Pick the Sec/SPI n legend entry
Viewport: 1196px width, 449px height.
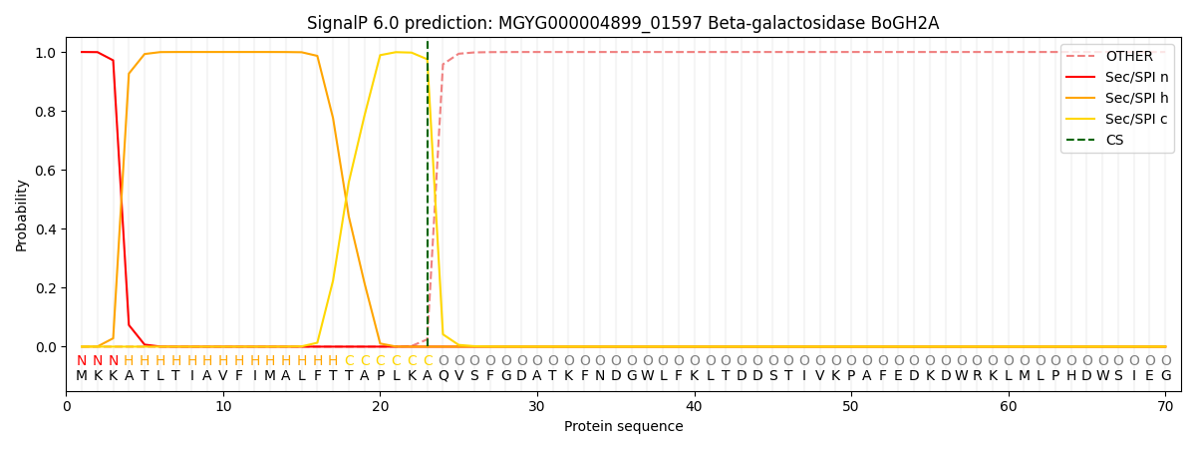click(1136, 77)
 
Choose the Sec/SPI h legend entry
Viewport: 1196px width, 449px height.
click(1136, 98)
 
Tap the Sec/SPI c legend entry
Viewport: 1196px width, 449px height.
click(1136, 119)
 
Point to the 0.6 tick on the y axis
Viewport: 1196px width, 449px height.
click(46, 171)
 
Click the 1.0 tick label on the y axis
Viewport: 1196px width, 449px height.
click(46, 52)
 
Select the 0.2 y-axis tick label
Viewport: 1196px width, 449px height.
click(46, 288)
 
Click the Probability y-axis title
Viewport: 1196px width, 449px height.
click(22, 215)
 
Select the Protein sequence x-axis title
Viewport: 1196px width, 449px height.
click(623, 427)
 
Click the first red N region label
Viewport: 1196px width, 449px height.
click(82, 361)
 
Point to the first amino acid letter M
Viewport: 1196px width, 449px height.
click(82, 376)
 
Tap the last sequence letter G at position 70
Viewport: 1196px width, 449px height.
click(1165, 376)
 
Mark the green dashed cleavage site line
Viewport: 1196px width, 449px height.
click(428, 200)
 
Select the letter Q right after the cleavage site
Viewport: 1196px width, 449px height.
click(444, 376)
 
